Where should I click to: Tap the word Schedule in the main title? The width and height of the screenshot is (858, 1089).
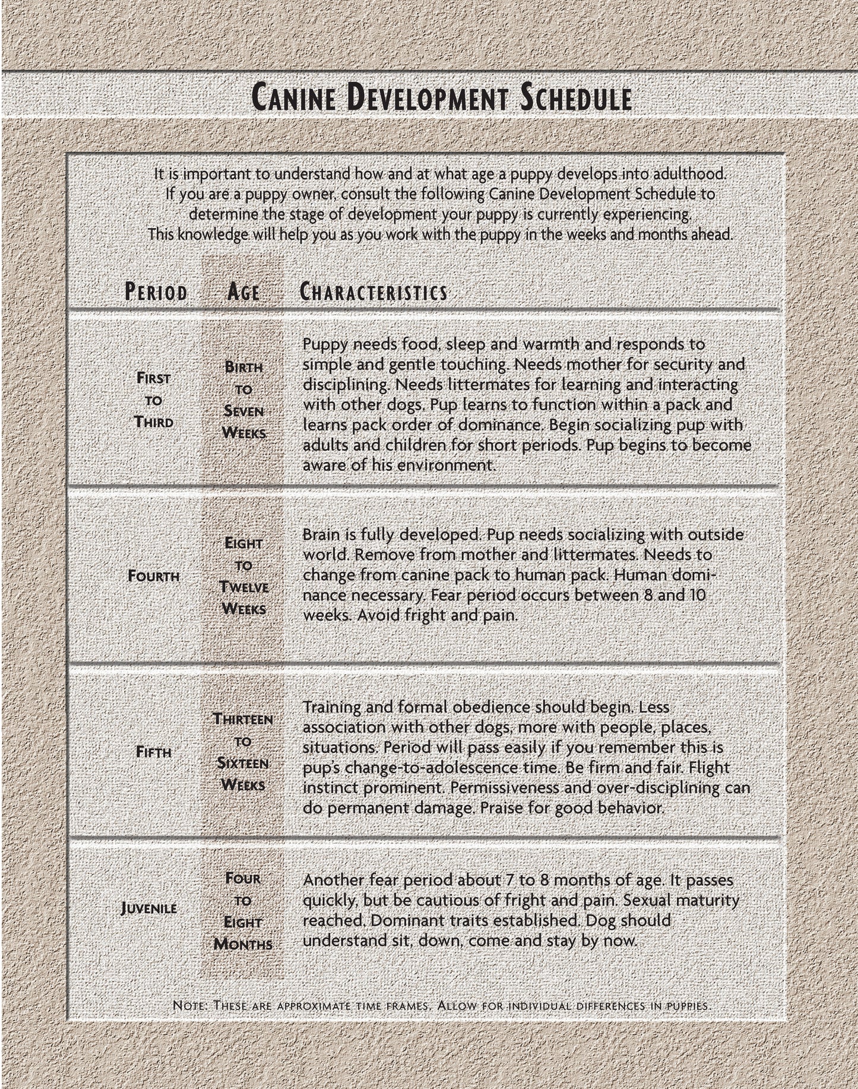point(575,99)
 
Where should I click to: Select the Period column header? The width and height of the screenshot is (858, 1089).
point(156,292)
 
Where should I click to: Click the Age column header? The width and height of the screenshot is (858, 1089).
point(243,292)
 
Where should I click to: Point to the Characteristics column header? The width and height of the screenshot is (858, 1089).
point(373,292)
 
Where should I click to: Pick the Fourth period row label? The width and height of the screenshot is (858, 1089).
point(154,576)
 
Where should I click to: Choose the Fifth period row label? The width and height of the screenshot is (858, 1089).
point(154,752)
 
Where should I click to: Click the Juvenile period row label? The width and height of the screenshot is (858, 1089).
point(148,908)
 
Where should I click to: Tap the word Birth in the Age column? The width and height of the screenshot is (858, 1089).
point(243,367)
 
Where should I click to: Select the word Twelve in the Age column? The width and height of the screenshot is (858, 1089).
point(243,587)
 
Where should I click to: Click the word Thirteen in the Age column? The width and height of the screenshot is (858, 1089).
point(243,719)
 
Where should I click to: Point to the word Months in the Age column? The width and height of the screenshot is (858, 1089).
point(243,944)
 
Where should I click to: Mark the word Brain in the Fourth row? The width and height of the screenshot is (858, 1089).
point(321,535)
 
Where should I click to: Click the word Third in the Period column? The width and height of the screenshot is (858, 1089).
point(154,423)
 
